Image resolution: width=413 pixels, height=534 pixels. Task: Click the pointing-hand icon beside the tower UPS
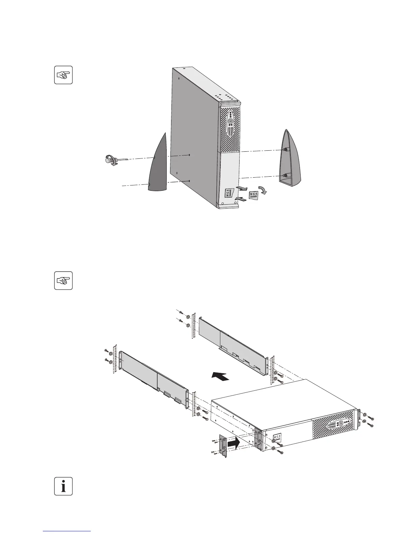pyautogui.click(x=63, y=75)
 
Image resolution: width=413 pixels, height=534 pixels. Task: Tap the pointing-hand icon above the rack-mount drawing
pyautogui.click(x=63, y=280)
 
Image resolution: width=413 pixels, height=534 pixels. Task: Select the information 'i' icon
pyautogui.click(x=63, y=486)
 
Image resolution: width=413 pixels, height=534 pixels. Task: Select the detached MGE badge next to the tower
pyautogui.click(x=254, y=196)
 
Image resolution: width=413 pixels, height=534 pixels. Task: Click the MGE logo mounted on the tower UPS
pyautogui.click(x=228, y=194)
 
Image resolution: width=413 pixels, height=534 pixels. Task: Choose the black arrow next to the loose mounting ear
pyautogui.click(x=233, y=444)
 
